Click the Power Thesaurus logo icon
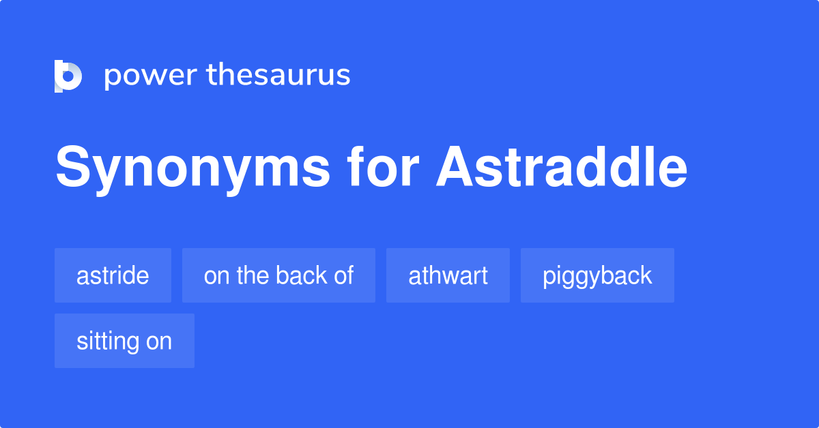point(68,76)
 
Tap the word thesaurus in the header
point(278,75)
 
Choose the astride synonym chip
point(113,275)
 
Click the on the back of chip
point(278,275)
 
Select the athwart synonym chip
point(448,275)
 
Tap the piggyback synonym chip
point(597,275)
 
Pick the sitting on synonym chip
point(124,341)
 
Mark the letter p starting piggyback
point(548,277)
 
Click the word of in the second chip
point(345,275)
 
